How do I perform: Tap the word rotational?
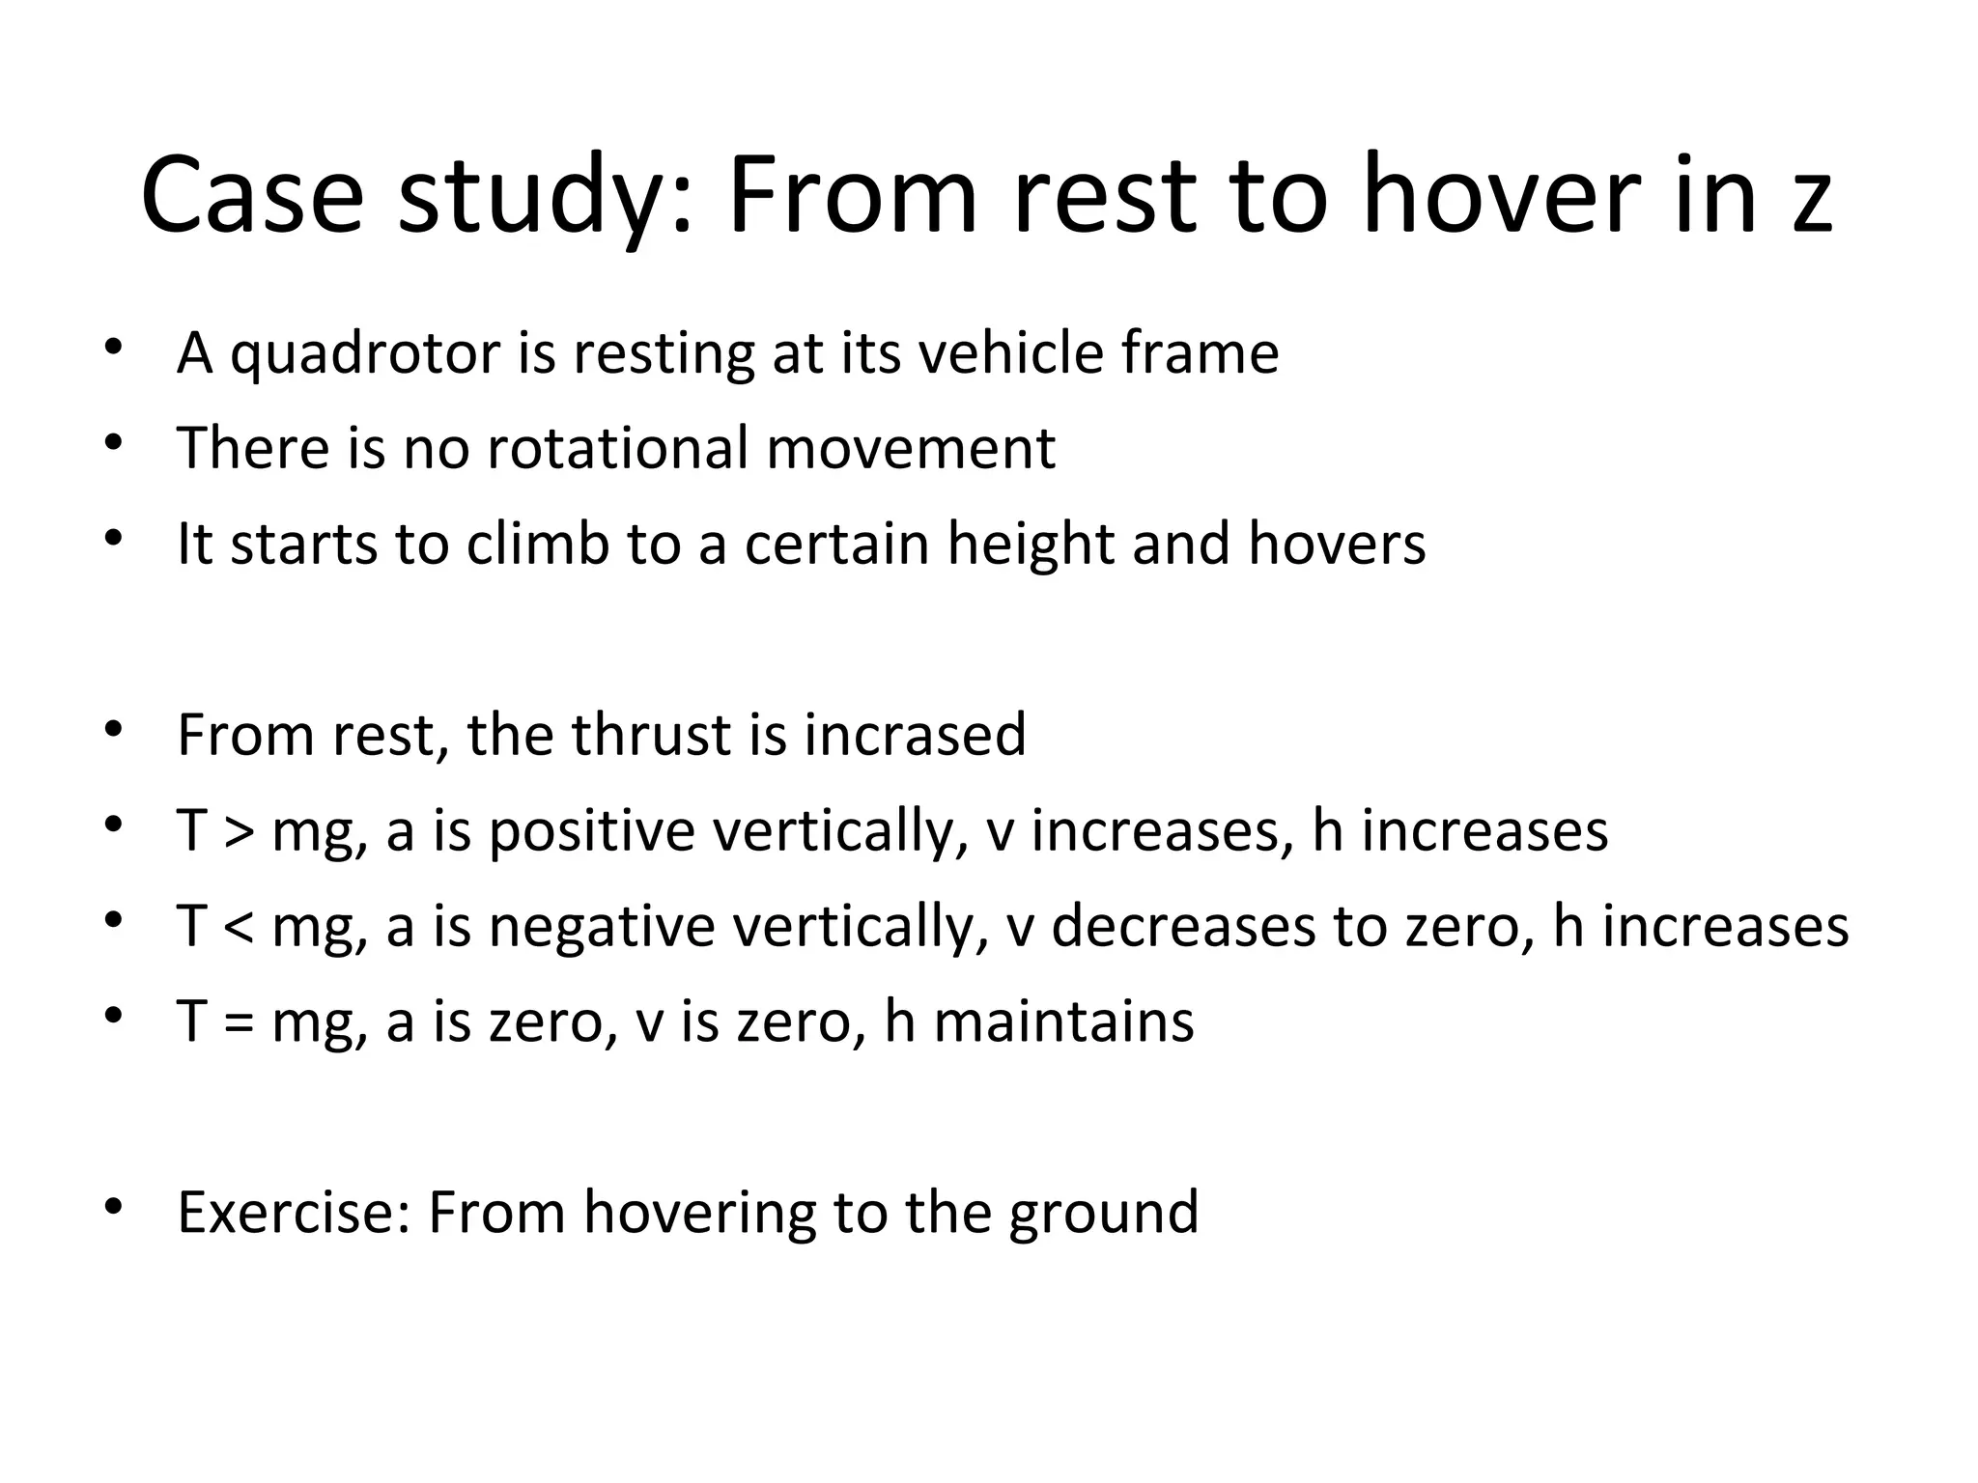click(x=617, y=449)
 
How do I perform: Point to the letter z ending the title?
click(x=1812, y=205)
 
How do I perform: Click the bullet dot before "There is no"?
click(x=114, y=442)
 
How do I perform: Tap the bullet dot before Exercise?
click(x=114, y=1206)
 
